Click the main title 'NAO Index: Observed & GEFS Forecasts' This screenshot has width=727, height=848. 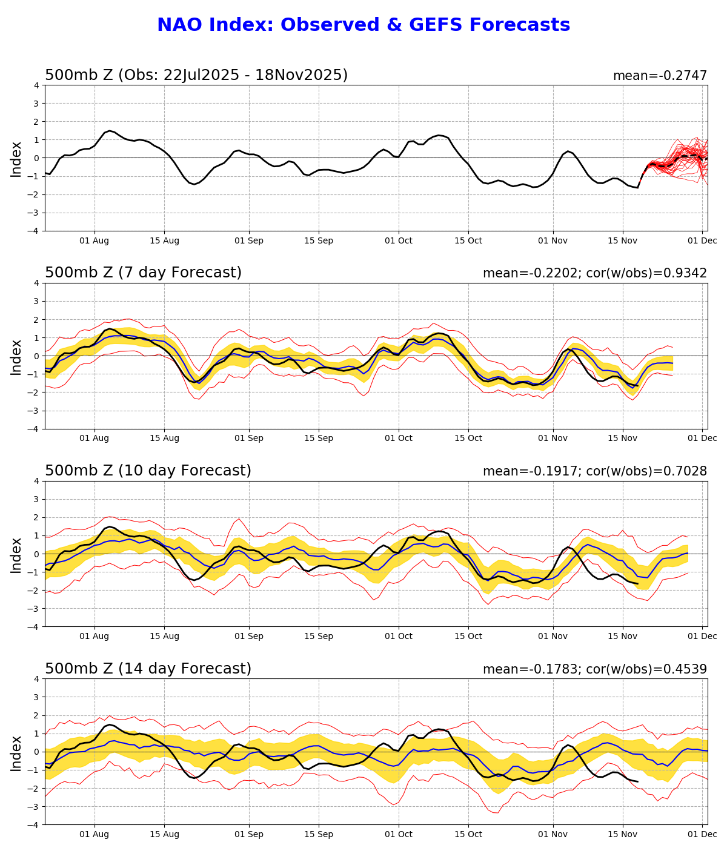click(363, 25)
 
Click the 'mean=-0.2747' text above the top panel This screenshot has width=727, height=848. click(660, 76)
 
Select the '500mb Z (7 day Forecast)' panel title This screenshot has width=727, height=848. click(143, 273)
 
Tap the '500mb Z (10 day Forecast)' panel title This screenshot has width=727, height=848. click(148, 471)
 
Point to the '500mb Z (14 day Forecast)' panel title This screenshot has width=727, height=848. click(148, 669)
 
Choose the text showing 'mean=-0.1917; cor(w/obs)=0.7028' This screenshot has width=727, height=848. click(594, 471)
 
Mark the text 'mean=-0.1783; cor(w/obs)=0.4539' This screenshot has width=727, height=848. click(594, 669)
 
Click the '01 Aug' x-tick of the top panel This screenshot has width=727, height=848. click(95, 240)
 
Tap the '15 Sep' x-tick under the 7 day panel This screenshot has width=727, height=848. click(319, 439)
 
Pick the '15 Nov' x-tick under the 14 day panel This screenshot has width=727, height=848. click(623, 835)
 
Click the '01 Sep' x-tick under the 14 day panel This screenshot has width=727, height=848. click(248, 835)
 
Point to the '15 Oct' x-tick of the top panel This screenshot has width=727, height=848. click(468, 240)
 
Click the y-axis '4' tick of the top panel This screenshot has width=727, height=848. click(36, 85)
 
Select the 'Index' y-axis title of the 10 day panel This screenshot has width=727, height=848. click(16, 554)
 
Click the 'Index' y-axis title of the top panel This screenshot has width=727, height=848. click(16, 159)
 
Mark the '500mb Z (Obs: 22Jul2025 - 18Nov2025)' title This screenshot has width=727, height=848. click(196, 75)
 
